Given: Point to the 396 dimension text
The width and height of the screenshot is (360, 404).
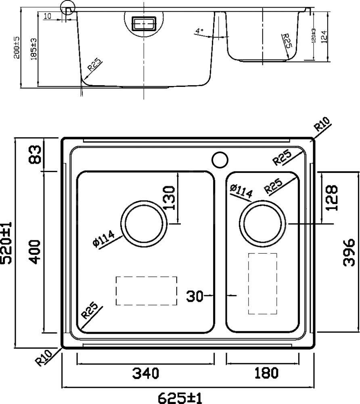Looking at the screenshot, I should (349, 253).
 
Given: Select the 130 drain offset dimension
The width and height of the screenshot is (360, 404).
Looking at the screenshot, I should (170, 198).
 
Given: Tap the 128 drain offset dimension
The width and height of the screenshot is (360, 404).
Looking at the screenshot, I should (331, 198).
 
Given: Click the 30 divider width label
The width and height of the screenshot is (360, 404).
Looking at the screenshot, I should (195, 296).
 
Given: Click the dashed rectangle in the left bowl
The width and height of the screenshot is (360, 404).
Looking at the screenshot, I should (146, 291).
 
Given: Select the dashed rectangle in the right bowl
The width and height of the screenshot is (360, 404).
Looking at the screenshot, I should (262, 284).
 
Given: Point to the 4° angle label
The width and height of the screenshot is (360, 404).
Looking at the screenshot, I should (199, 31).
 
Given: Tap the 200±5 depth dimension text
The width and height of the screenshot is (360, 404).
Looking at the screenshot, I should (17, 48).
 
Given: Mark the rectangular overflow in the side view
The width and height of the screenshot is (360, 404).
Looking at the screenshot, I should (144, 23).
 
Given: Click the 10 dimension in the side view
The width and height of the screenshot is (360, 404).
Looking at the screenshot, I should (48, 16).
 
